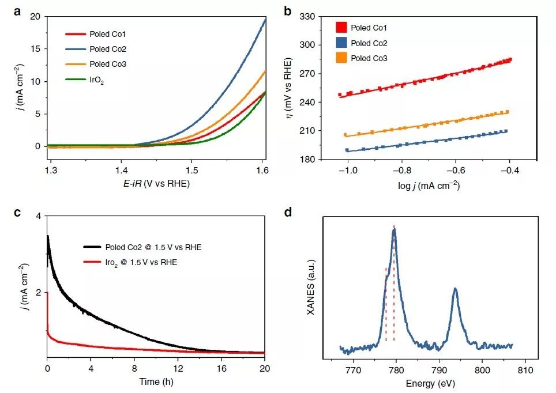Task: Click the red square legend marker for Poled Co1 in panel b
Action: click(x=341, y=27)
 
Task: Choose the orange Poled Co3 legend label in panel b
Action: click(x=369, y=59)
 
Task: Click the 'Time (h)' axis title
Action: click(x=156, y=381)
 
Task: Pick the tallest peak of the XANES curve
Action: click(x=394, y=230)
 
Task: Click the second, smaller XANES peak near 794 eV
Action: click(x=455, y=289)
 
